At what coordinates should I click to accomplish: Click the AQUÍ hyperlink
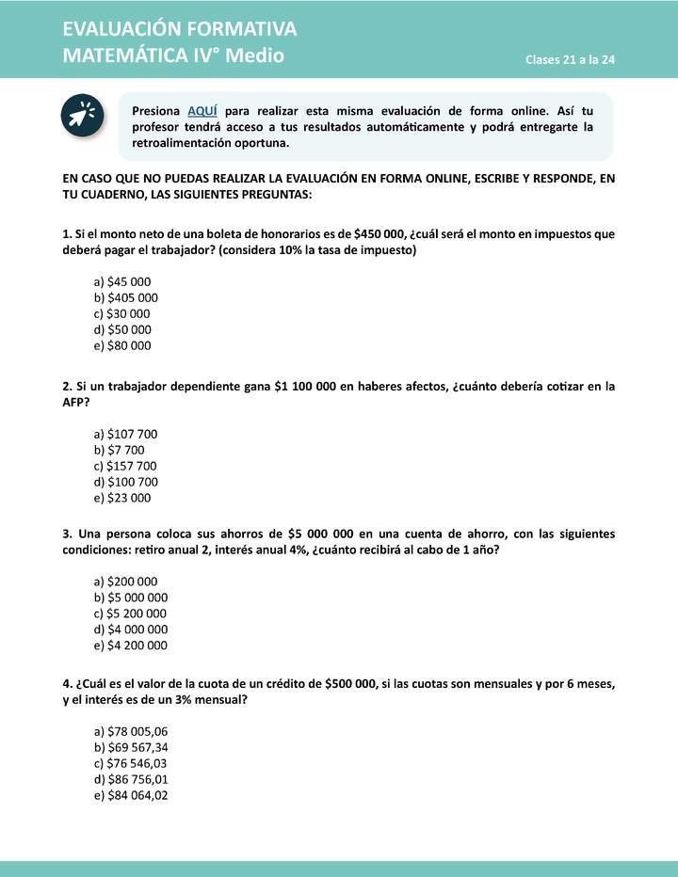coord(202,110)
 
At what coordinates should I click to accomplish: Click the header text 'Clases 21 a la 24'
coord(571,60)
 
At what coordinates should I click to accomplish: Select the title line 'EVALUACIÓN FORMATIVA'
coord(180,29)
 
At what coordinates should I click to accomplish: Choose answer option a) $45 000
coord(122,281)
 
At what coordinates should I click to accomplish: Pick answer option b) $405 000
coord(126,297)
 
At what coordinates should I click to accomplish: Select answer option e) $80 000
coord(122,345)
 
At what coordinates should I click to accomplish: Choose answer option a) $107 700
coord(126,434)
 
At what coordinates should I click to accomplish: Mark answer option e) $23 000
coord(122,498)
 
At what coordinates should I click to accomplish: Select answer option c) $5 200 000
coord(131,614)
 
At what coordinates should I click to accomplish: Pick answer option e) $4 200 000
coord(131,646)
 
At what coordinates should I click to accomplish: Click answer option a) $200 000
coord(126,582)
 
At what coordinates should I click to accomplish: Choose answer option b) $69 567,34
coord(131,747)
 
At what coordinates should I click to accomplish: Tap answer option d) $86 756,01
coord(131,779)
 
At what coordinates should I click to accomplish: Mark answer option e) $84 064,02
coord(131,795)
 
